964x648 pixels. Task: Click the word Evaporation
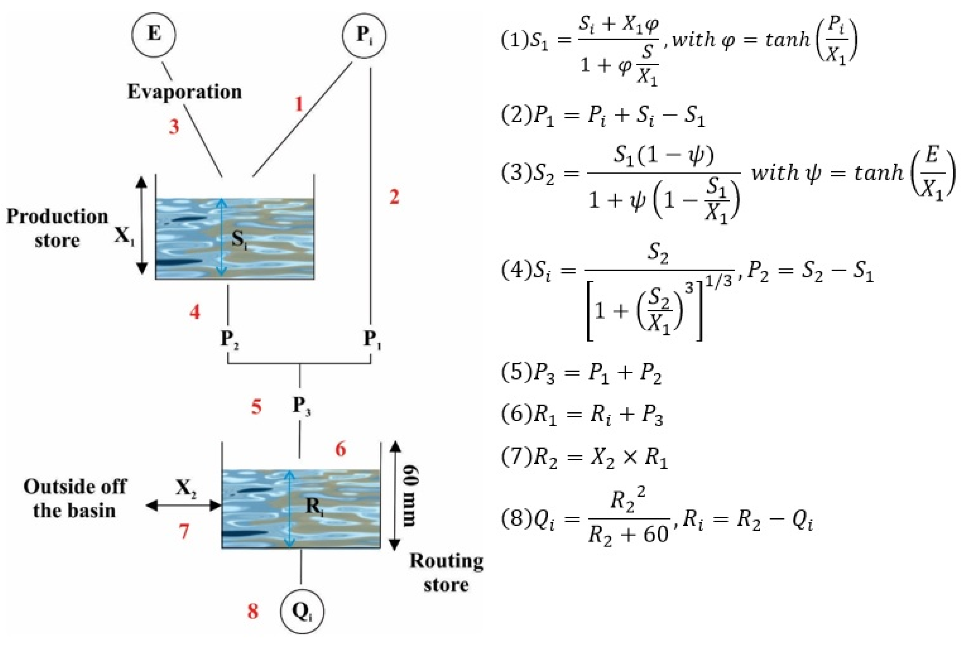tap(184, 91)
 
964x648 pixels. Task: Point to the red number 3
tap(174, 126)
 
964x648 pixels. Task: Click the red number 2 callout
tap(394, 197)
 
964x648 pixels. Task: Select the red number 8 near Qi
tap(253, 611)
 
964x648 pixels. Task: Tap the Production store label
tap(57, 228)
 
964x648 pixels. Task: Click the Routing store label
tap(447, 573)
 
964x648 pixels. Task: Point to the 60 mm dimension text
tap(409, 496)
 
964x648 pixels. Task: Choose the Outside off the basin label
tap(74, 498)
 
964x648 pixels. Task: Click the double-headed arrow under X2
tap(184, 506)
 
